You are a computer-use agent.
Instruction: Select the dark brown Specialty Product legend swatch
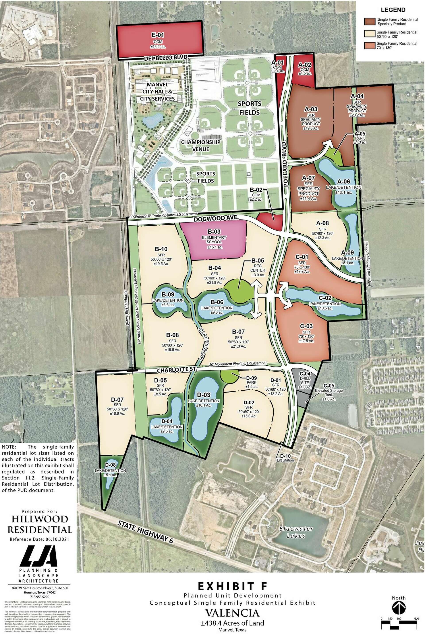click(369, 21)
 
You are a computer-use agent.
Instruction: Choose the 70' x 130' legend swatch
click(369, 45)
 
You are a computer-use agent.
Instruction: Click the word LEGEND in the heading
click(393, 10)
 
